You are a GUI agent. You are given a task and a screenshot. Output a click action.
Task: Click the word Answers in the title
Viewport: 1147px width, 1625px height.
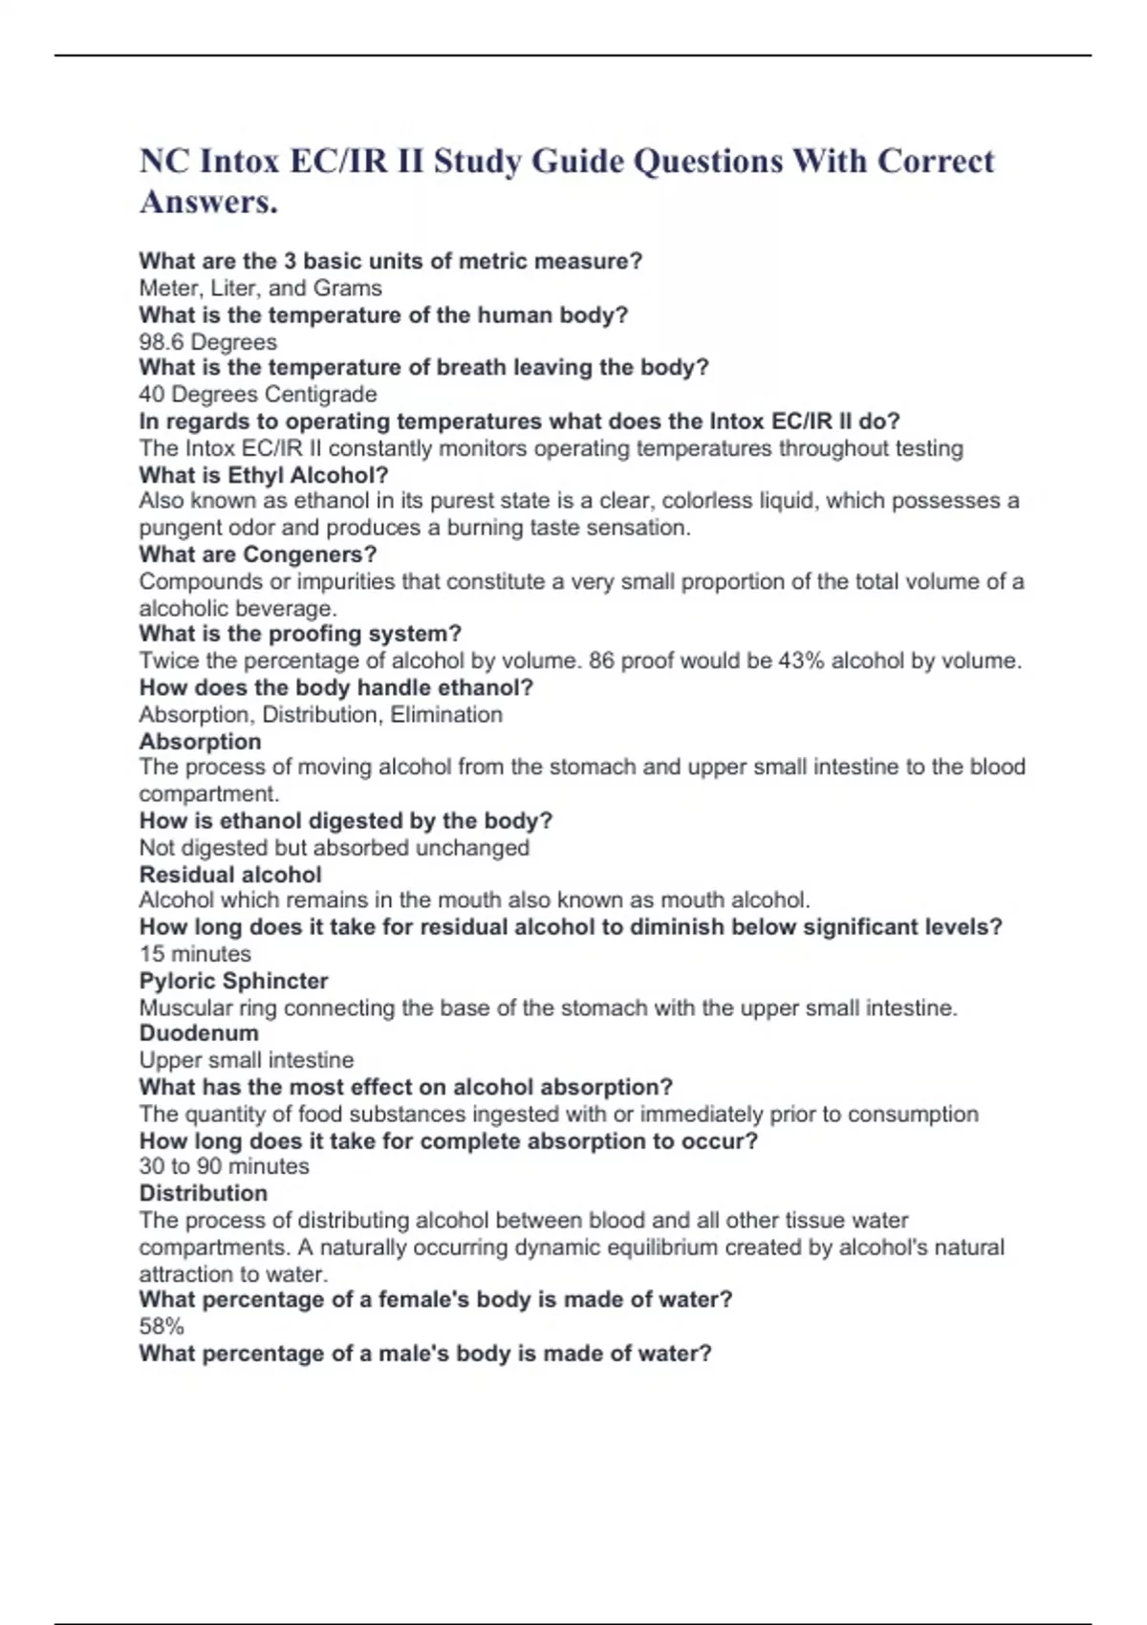pyautogui.click(x=207, y=202)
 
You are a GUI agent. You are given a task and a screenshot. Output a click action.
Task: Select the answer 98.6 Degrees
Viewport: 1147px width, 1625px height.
pyautogui.click(x=207, y=342)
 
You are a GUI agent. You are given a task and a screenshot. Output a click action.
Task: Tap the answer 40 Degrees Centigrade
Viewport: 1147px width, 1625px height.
pyautogui.click(x=257, y=394)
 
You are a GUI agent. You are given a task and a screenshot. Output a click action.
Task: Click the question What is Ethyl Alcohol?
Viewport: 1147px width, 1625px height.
pyautogui.click(x=263, y=475)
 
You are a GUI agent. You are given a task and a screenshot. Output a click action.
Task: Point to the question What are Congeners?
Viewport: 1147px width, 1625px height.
pyautogui.click(x=257, y=554)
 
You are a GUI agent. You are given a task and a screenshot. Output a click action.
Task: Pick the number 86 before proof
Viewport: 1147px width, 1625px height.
pyautogui.click(x=602, y=661)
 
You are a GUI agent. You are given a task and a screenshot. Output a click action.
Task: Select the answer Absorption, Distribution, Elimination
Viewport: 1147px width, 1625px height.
pyautogui.click(x=320, y=714)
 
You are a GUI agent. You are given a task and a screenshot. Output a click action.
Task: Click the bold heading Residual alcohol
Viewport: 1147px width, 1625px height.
pyautogui.click(x=229, y=874)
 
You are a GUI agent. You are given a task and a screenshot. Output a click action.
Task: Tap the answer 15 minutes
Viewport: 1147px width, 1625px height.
pyautogui.click(x=195, y=953)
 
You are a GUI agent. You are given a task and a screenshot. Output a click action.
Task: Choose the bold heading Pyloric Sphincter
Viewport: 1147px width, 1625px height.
pyautogui.click(x=233, y=981)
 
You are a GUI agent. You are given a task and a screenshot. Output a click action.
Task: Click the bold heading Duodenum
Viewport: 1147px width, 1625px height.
pyautogui.click(x=199, y=1033)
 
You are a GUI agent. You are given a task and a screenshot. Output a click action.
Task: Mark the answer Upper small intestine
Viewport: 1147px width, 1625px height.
pyautogui.click(x=246, y=1060)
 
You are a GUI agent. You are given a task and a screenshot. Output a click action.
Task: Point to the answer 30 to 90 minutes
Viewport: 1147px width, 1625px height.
pyautogui.click(x=224, y=1166)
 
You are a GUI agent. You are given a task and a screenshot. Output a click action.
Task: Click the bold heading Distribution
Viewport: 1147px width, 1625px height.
pyautogui.click(x=203, y=1193)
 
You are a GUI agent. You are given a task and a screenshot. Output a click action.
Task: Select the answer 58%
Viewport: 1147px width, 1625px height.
pyautogui.click(x=162, y=1326)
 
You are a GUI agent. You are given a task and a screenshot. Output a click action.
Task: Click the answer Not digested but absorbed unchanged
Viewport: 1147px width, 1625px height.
pyautogui.click(x=334, y=848)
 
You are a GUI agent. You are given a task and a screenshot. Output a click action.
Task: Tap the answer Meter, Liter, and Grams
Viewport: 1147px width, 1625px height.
pyautogui.click(x=260, y=288)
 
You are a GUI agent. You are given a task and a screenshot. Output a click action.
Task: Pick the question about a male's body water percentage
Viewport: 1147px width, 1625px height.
pyautogui.click(x=424, y=1354)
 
